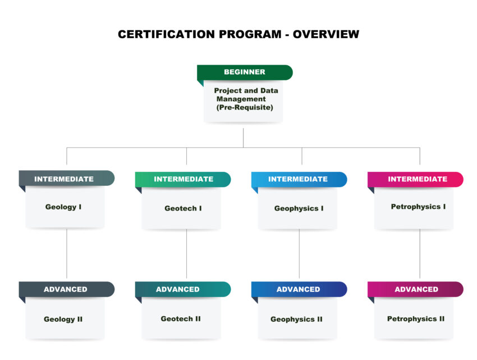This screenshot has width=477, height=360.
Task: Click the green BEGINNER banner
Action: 245,72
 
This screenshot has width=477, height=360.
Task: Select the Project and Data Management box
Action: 244,101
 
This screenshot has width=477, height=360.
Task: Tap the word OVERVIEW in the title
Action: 326,34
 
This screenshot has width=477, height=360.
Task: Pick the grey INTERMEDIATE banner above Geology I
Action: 67,178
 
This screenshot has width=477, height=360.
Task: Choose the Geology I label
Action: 63,207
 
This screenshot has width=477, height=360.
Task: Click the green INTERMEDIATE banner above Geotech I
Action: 183,179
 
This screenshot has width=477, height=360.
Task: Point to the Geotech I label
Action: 183,208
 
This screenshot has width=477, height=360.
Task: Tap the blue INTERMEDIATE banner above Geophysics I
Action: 299,179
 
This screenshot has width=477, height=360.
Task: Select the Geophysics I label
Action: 299,208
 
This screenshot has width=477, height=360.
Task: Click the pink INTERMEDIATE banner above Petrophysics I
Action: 415,179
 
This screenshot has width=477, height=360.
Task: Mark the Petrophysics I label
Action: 418,207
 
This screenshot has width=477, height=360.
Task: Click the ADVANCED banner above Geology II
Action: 67,289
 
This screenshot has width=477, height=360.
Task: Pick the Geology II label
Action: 63,319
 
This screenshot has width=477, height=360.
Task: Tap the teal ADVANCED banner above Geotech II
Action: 183,289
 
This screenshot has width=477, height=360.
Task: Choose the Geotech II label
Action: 181,319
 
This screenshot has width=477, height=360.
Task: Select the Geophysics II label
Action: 297,319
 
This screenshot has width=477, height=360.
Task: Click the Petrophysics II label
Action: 416,319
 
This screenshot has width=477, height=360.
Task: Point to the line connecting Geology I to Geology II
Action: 67,254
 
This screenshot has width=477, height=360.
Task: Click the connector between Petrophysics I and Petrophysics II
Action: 420,254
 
